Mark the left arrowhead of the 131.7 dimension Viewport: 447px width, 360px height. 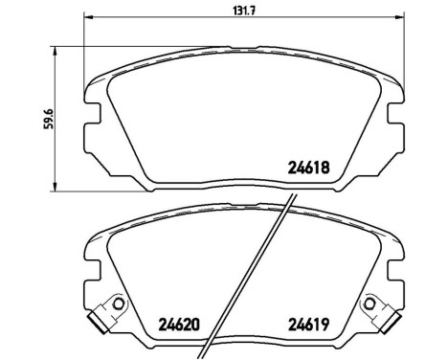[87, 18]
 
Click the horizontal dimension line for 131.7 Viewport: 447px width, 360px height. [172, 18]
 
